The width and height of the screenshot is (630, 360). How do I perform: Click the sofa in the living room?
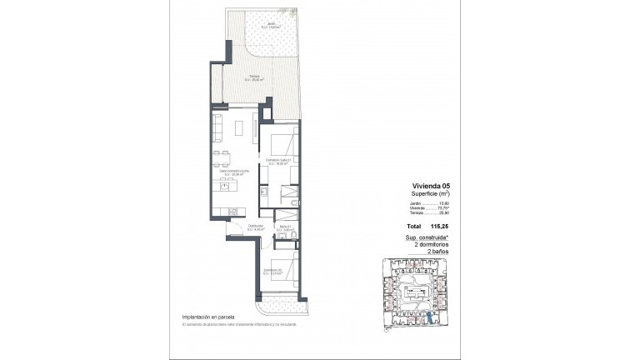point(218,127)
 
